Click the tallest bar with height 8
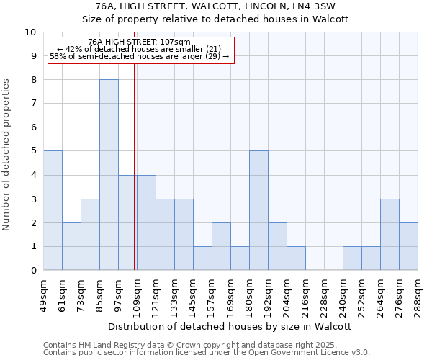[109, 175]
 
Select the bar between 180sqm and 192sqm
[258, 210]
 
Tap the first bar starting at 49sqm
[53, 210]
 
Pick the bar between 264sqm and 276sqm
[390, 234]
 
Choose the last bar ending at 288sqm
[408, 246]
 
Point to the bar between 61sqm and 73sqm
[71, 246]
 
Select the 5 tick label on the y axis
[33, 151]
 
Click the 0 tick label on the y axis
[33, 271]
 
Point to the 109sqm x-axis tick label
[137, 294]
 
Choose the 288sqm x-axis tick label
[418, 294]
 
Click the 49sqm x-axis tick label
[43, 293]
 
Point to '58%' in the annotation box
[58, 56]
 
